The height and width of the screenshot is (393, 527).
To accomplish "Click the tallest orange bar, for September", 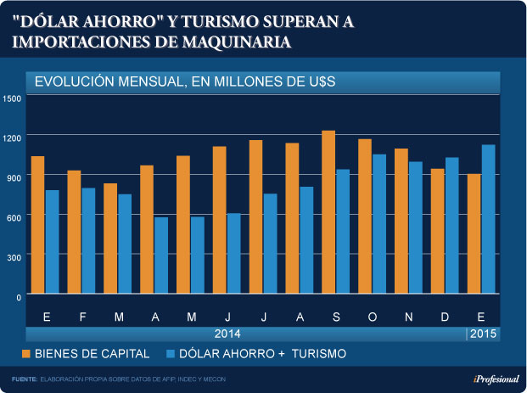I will (x=328, y=212).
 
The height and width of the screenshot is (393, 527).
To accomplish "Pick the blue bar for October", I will (x=378, y=224).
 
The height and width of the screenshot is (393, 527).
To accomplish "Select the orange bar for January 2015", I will (x=474, y=233).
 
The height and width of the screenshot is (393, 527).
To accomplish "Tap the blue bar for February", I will (x=88, y=241).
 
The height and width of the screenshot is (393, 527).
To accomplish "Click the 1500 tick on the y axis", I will (x=12, y=98).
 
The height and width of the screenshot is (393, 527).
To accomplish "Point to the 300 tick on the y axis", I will (x=14, y=255).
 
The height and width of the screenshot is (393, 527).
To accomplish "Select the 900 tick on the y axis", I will (x=14, y=176).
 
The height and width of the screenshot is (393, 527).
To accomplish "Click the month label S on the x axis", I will (x=336, y=317).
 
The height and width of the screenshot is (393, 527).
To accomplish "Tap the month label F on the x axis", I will (x=81, y=317).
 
